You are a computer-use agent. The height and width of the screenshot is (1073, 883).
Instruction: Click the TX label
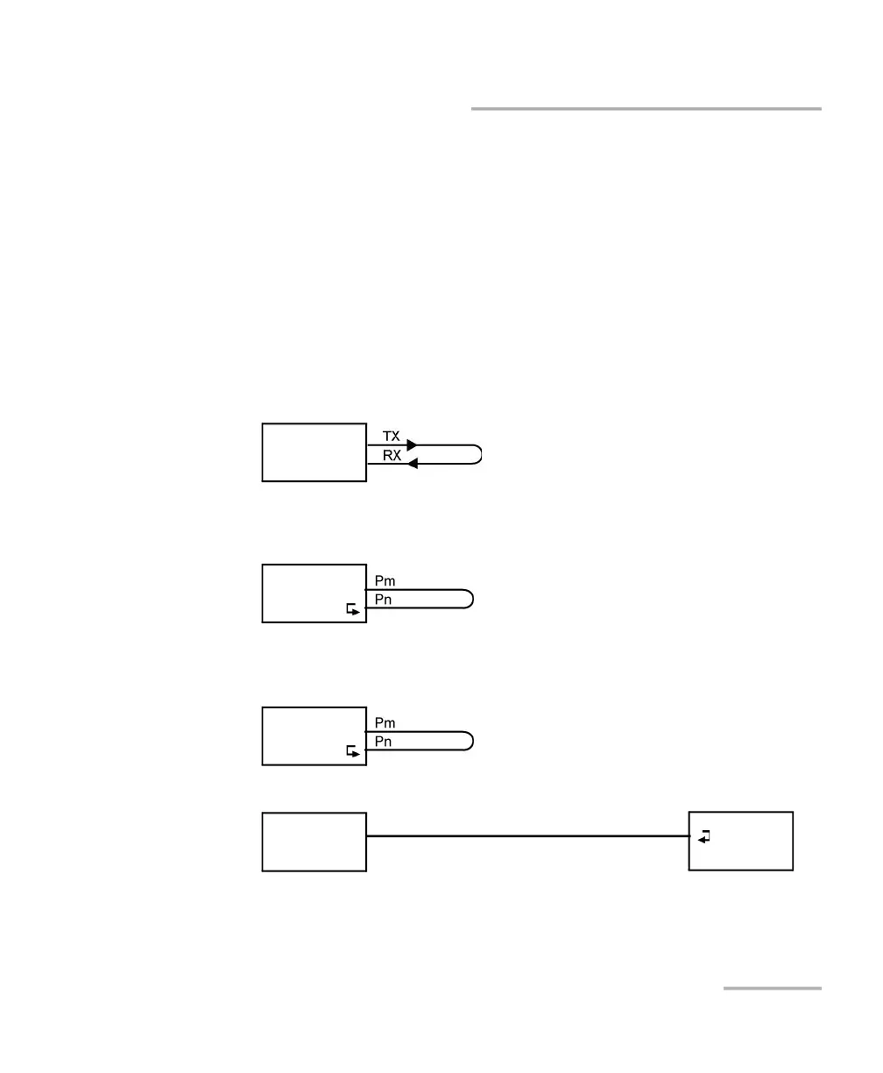point(391,436)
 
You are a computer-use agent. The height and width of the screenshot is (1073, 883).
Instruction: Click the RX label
point(391,455)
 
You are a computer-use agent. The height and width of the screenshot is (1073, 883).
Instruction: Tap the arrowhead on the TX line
point(412,445)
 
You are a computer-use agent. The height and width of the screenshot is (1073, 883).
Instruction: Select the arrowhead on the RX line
point(413,464)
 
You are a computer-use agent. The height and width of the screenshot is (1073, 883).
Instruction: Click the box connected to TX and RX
point(314,452)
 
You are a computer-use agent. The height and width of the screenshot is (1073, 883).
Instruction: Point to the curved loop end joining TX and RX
point(478,454)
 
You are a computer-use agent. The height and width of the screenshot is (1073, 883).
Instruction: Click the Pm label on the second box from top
point(385,580)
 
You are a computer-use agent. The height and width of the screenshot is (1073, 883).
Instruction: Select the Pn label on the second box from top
point(384,599)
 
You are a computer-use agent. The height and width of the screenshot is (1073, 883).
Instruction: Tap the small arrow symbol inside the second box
point(353,608)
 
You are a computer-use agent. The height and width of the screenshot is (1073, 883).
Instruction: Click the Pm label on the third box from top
point(385,722)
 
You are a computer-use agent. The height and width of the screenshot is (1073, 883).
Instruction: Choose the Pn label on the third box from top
point(384,741)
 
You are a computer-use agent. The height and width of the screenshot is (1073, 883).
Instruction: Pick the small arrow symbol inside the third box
point(353,750)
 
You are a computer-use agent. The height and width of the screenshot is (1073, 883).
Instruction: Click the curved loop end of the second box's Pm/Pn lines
point(470,599)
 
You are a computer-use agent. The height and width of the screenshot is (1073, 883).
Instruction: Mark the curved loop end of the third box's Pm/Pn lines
point(470,741)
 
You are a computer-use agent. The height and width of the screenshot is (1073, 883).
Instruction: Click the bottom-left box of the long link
point(314,842)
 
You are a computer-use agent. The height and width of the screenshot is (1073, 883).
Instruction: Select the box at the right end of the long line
point(741,842)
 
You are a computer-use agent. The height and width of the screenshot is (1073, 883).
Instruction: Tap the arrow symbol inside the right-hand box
point(703,837)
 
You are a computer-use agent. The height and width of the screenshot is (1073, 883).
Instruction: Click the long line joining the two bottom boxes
point(526,836)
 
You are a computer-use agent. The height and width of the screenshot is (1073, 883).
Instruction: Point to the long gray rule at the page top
point(646,109)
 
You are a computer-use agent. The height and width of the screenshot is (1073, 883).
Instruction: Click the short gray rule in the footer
point(773,988)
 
